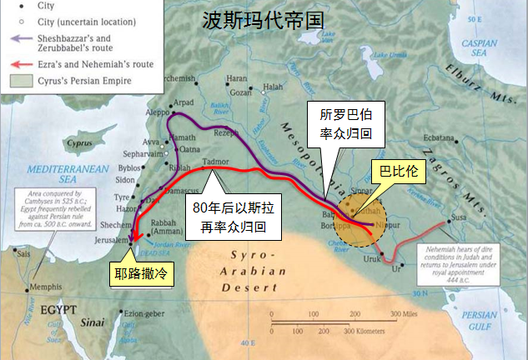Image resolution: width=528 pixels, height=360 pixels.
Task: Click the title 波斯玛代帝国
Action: [x=262, y=21]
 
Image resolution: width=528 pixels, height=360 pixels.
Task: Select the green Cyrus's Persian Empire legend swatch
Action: [x=17, y=81]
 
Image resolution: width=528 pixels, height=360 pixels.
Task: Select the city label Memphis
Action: [x=45, y=287]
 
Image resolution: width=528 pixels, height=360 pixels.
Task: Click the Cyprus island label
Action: [x=79, y=142]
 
